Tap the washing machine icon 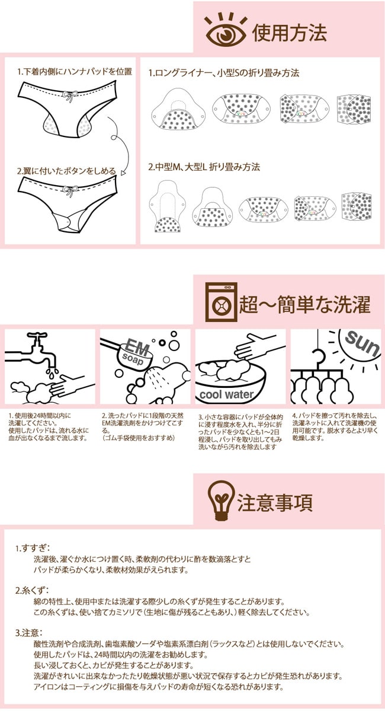[221, 302]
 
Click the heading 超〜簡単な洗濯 [304, 304]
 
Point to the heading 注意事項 [275, 502]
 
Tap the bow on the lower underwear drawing [70, 191]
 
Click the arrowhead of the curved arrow [123, 173]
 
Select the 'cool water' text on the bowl [226, 394]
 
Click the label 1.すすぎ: [32, 548]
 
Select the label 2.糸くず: [32, 591]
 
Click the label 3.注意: [29, 633]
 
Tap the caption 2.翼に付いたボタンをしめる [66, 171]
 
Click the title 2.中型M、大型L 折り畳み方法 [204, 167]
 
